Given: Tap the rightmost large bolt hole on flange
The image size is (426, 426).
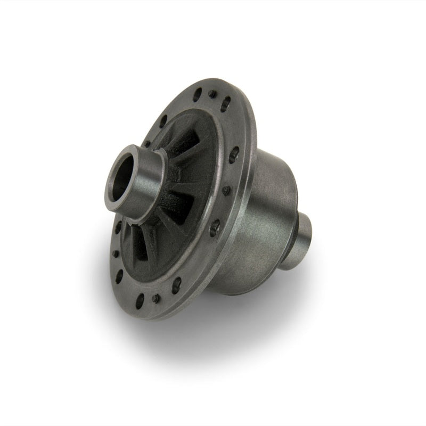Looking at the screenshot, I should click(x=233, y=157).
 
